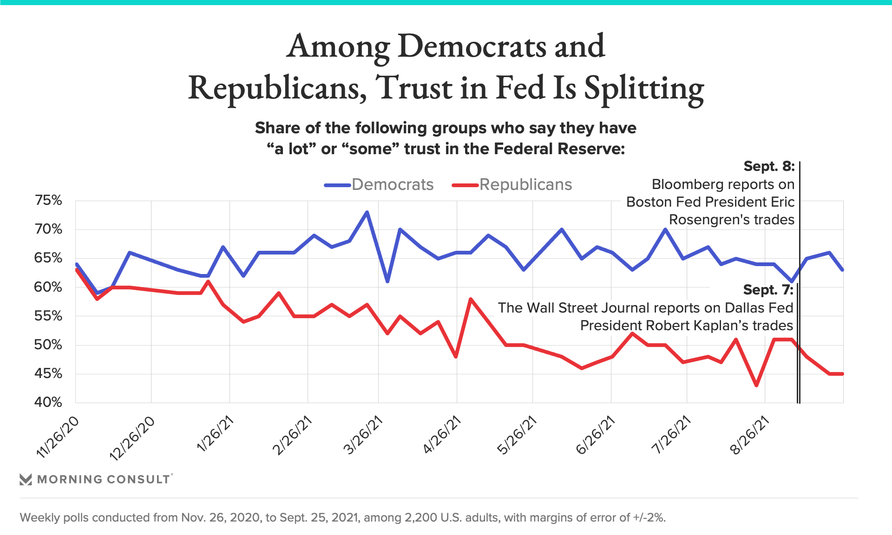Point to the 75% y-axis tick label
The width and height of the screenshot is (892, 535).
[x=48, y=201]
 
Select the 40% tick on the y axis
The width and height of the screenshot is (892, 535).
[x=48, y=402]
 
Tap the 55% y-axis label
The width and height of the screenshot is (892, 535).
[x=48, y=316]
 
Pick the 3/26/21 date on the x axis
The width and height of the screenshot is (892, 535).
[x=364, y=435]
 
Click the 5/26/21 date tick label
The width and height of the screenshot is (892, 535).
[x=518, y=435]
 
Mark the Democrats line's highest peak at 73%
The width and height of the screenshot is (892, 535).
[x=367, y=212]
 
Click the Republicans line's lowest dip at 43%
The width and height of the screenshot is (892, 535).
[x=757, y=385]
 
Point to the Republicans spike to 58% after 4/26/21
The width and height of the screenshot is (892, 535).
[x=471, y=299]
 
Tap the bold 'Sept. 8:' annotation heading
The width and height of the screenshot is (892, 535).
[x=769, y=166]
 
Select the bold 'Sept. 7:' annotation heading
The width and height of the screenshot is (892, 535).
[x=768, y=290]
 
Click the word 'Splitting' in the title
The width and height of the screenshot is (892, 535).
[x=644, y=88]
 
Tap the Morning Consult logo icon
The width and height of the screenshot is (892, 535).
[x=26, y=479]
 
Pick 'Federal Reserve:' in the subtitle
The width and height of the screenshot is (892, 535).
[x=559, y=149]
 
